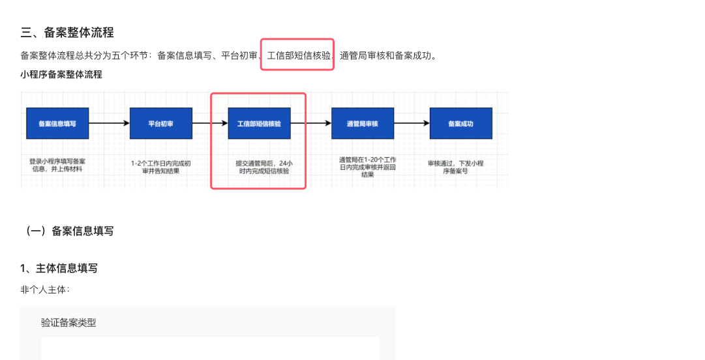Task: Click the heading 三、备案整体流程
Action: tap(67, 33)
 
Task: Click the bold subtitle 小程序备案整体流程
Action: tap(61, 74)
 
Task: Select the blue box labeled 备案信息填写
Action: tap(57, 123)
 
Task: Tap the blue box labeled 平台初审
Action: tap(160, 123)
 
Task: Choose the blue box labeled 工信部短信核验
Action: tap(259, 123)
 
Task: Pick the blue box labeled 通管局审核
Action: tap(363, 123)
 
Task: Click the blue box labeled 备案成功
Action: tap(460, 123)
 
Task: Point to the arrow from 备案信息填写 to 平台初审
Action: tap(109, 123)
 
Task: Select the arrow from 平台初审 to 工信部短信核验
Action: tap(210, 123)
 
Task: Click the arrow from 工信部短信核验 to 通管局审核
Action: tap(310, 123)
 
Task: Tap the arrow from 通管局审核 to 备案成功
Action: tap(412, 123)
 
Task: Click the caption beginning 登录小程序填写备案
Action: tap(57, 164)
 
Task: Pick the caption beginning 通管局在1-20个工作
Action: tap(367, 167)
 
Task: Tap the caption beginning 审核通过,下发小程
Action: tap(460, 166)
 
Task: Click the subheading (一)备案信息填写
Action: tap(67, 231)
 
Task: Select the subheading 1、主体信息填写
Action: tap(59, 268)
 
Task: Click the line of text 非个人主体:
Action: tap(45, 290)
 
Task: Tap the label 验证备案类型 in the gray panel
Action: tap(68, 322)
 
